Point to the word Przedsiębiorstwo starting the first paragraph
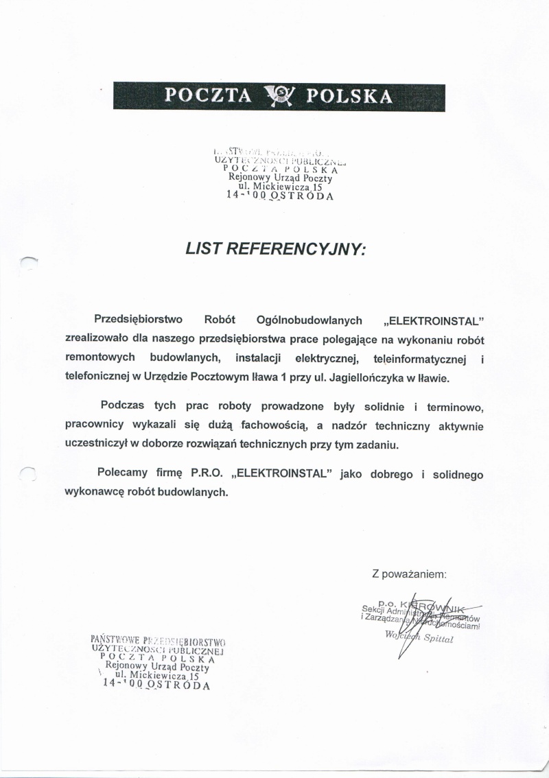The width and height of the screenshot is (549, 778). tap(138, 320)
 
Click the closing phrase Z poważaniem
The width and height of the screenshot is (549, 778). tap(410, 572)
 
